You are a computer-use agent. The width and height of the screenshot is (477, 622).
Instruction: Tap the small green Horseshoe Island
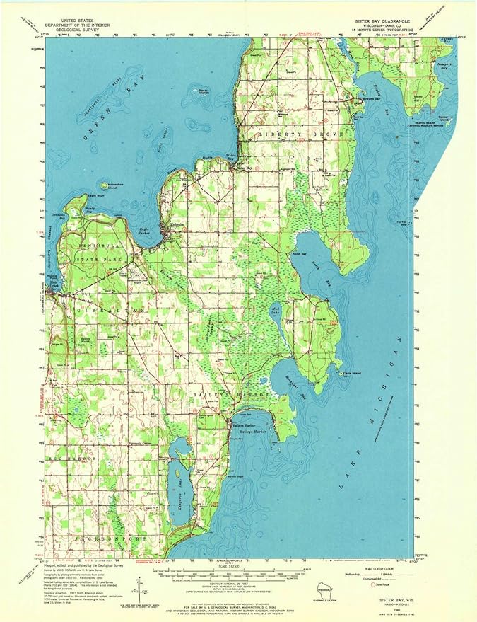pos(105,185)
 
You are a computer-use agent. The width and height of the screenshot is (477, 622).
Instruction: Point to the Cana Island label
pos(348,372)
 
